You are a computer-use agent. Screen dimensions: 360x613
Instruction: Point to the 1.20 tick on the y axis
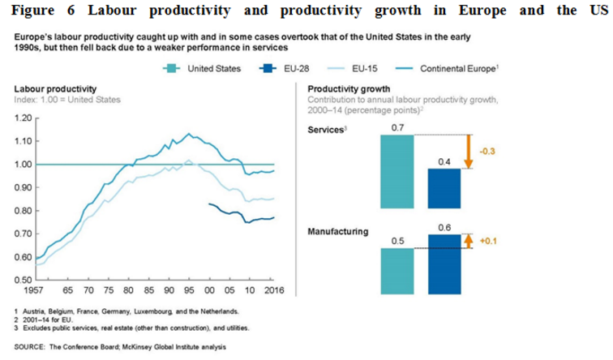(24, 118)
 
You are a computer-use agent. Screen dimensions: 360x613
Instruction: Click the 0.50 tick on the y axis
(24, 280)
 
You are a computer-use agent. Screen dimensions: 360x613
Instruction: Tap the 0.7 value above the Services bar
(397, 127)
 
